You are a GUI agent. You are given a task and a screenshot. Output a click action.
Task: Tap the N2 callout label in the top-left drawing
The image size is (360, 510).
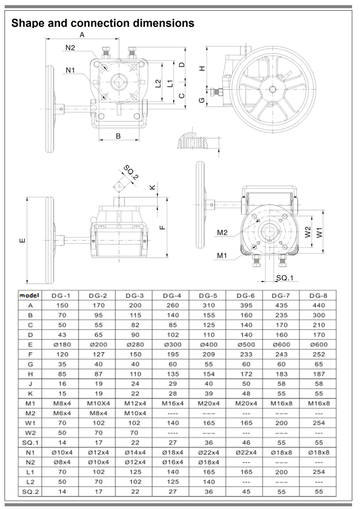70,48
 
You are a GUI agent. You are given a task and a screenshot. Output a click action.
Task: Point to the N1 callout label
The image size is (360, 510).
70,70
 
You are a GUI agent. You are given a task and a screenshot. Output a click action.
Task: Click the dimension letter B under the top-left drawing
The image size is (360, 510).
118,136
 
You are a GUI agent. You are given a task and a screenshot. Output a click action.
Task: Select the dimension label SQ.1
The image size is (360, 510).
284,278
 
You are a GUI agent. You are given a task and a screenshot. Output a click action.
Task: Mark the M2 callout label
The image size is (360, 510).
222,232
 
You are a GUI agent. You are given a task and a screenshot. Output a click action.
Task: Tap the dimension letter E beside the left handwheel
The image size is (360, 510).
21,240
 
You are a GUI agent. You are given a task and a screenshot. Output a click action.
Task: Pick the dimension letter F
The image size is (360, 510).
163,227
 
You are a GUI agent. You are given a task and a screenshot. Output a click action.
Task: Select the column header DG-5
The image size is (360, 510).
208,296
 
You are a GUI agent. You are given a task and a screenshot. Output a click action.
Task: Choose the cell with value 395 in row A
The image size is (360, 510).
245,305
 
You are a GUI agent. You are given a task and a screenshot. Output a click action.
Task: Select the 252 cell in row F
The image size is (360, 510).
319,354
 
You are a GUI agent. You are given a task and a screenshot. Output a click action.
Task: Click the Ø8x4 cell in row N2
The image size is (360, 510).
61,462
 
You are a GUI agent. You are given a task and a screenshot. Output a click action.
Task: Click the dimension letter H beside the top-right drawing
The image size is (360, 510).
201,69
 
